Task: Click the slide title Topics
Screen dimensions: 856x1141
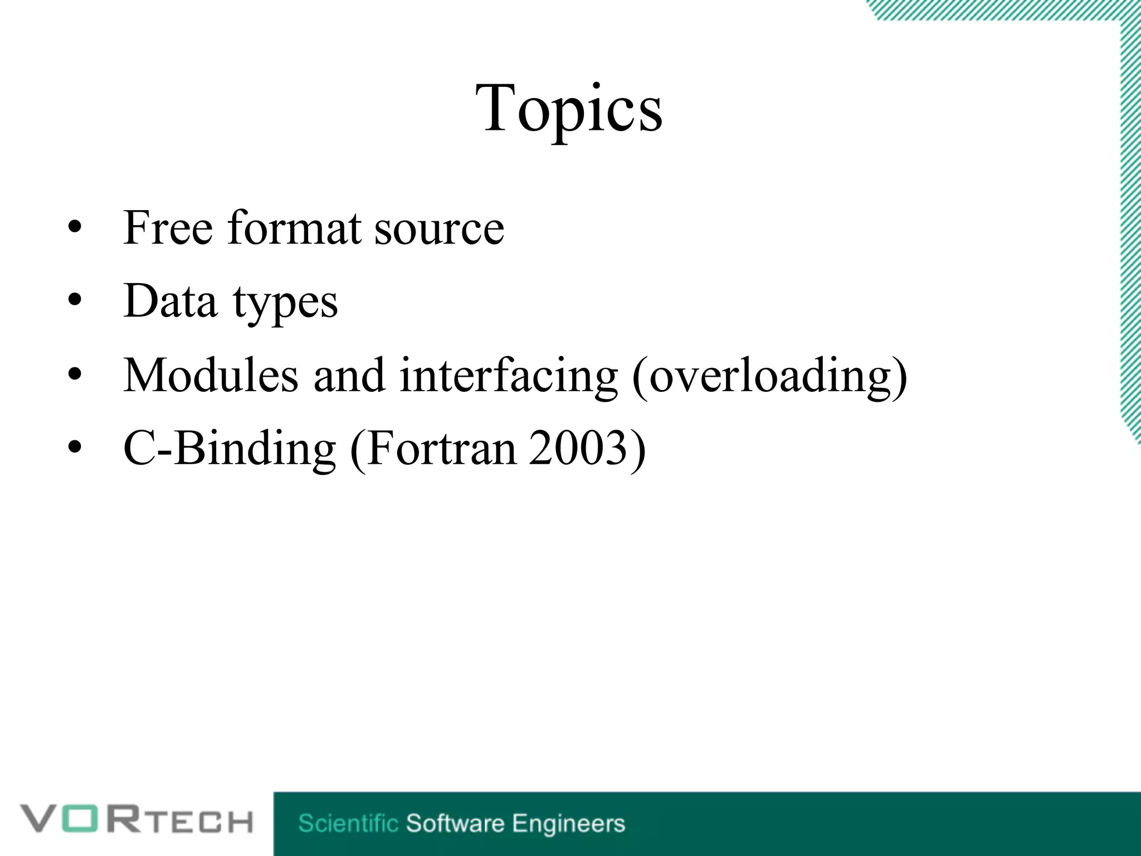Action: (569, 109)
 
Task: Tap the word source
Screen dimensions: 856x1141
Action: (439, 228)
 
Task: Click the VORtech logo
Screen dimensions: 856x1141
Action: (136, 820)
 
